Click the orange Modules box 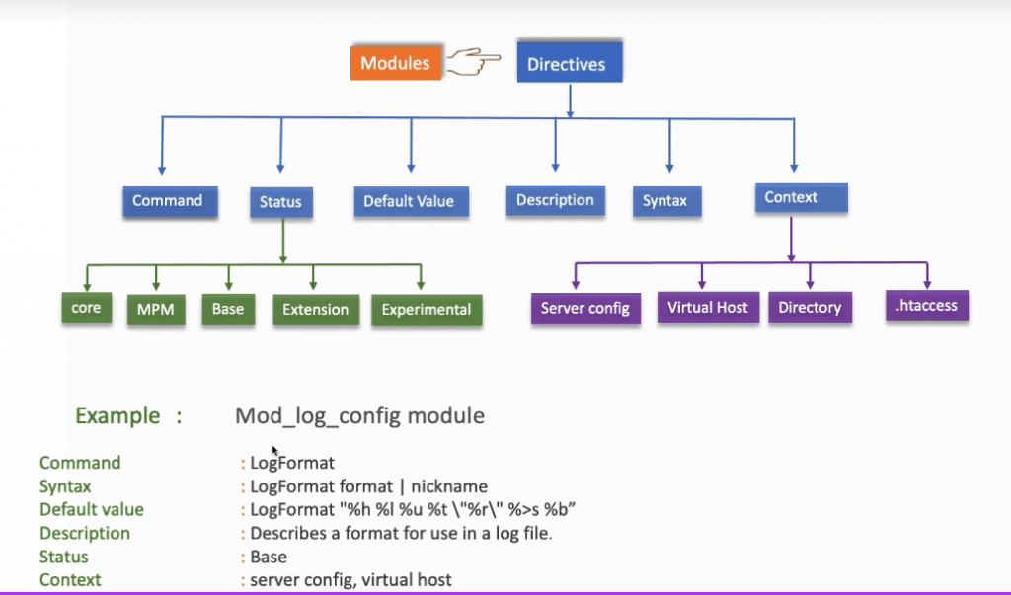(395, 63)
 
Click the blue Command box (168, 201)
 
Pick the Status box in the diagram (281, 203)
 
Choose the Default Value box (409, 202)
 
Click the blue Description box (555, 200)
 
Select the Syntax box (665, 201)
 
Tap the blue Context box (793, 198)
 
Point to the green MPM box (155, 310)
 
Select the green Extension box (316, 310)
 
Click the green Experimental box (427, 310)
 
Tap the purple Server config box (585, 309)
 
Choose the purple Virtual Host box (708, 308)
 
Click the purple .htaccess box (927, 306)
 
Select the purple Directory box (810, 308)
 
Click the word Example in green (117, 415)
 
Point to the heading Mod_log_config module (359, 415)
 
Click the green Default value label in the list (92, 510)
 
